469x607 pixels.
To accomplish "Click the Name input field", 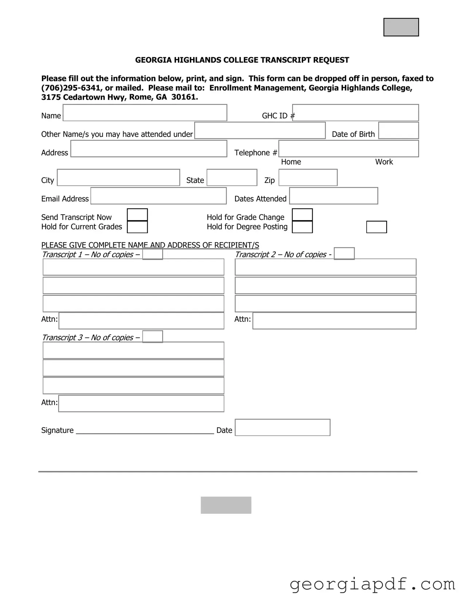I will (x=145, y=113).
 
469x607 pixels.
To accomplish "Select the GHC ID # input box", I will (x=355, y=113).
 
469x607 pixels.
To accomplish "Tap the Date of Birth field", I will (x=398, y=130).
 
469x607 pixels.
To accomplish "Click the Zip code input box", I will (x=308, y=177).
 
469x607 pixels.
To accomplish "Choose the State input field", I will (x=232, y=177).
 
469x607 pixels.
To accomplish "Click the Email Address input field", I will (x=159, y=196).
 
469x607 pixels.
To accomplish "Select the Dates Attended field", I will (x=333, y=196).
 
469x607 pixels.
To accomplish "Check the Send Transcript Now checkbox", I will (x=137, y=215).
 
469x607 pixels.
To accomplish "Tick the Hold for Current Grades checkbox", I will (x=137, y=227).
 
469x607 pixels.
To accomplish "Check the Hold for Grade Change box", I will (x=302, y=215).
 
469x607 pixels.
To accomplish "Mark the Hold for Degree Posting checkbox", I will (x=302, y=227).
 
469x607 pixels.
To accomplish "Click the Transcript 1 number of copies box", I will (x=152, y=254).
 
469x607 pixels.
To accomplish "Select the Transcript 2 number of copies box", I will (x=344, y=254).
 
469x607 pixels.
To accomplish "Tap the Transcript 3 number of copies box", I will (x=152, y=337).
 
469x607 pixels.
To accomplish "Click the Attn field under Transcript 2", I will (x=334, y=321).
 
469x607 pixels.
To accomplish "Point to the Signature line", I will (x=145, y=431).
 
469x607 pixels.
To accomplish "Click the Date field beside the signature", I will (x=282, y=427).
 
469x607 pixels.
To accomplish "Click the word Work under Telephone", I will (x=384, y=162).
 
